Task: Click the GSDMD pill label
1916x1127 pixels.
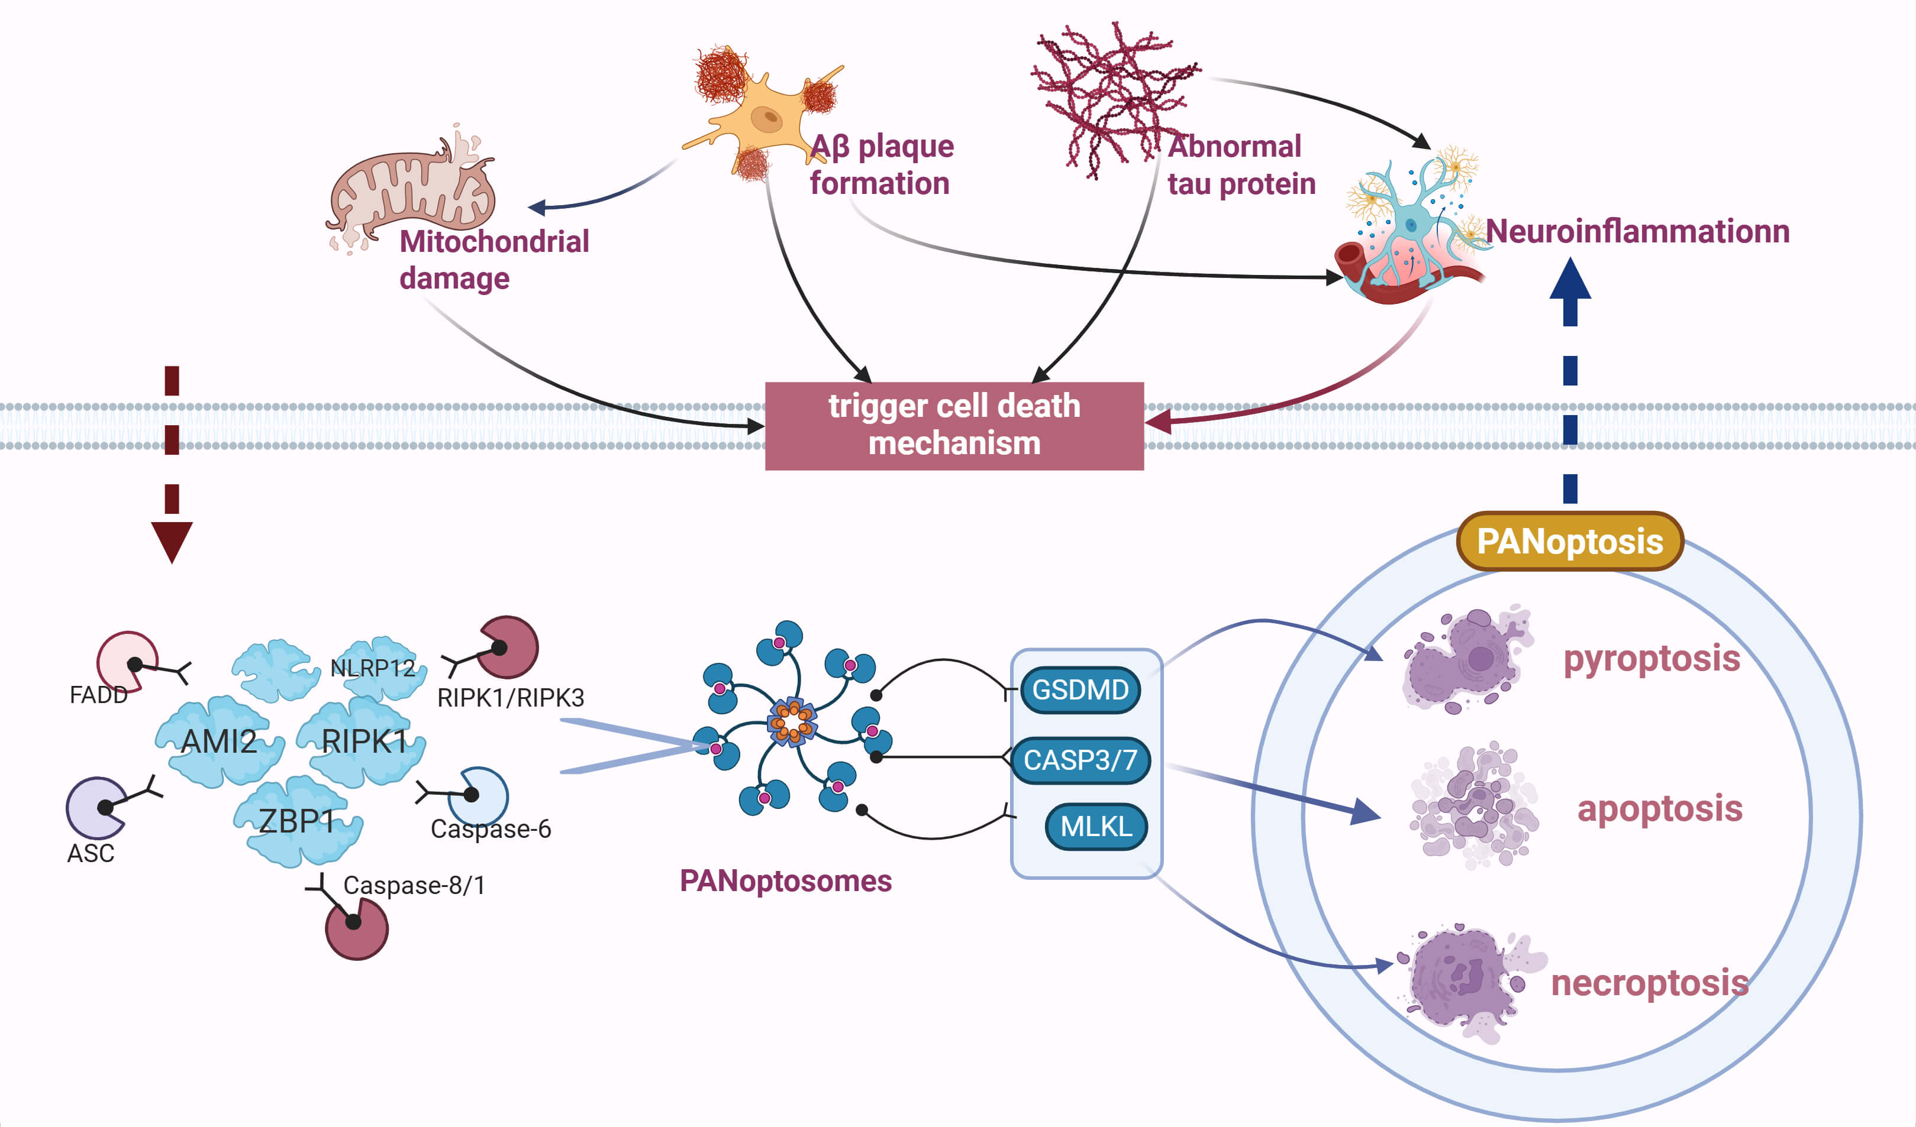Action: [x=1080, y=690]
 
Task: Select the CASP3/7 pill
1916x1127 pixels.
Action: [x=1080, y=760]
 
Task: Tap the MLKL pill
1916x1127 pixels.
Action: [x=1096, y=826]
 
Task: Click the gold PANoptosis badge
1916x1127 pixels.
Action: [x=1569, y=542]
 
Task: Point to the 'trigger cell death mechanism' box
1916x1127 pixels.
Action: [x=954, y=426]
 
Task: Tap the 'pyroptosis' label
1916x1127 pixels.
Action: [x=1651, y=658]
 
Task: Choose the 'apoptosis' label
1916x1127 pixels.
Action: [x=1659, y=808]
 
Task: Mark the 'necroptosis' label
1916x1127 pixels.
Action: [x=1649, y=983]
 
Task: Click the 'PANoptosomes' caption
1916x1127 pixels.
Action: [x=785, y=881]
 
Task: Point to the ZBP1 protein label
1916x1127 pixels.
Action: [x=296, y=821]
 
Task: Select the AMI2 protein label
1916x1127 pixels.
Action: [x=219, y=741]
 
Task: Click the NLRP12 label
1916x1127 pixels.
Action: [x=373, y=668]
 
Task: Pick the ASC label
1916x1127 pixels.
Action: [x=91, y=853]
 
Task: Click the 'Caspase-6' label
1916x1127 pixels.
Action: [x=491, y=828]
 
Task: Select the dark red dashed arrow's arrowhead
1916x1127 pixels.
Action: [x=172, y=541]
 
